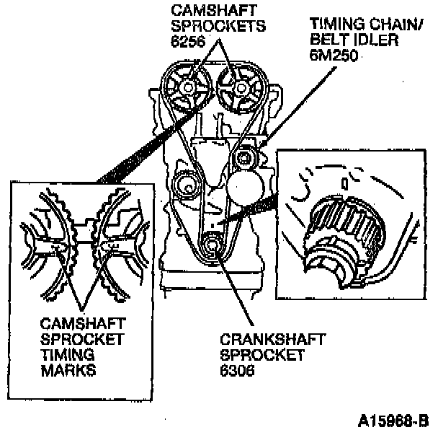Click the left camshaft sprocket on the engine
click(x=187, y=88)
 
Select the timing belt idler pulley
click(x=246, y=157)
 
